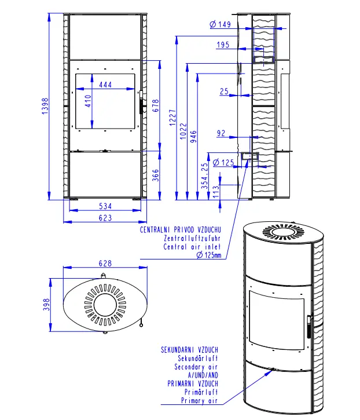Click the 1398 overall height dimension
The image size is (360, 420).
click(x=45, y=106)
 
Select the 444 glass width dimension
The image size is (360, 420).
click(x=105, y=85)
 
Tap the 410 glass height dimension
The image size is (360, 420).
click(x=88, y=101)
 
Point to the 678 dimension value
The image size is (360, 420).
click(x=156, y=105)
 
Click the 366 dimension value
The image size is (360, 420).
click(x=156, y=175)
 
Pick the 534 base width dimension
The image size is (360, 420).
click(x=105, y=206)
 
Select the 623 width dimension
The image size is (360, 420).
click(x=105, y=218)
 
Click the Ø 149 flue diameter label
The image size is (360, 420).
click(x=220, y=24)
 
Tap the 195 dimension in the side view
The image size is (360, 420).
click(x=223, y=45)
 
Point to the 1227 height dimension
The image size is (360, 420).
click(x=172, y=118)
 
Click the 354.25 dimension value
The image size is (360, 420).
click(x=205, y=176)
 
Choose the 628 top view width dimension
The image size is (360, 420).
click(x=105, y=264)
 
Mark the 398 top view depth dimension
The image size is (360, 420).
click(x=46, y=304)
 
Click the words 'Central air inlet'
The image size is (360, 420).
click(x=192, y=246)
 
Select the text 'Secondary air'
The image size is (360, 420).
click(x=196, y=367)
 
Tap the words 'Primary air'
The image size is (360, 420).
click(x=199, y=400)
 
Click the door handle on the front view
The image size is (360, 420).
click(x=141, y=102)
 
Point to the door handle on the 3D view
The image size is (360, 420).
click(x=309, y=327)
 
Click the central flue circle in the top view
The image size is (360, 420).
click(x=105, y=305)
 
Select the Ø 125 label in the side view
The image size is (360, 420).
click(x=223, y=163)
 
